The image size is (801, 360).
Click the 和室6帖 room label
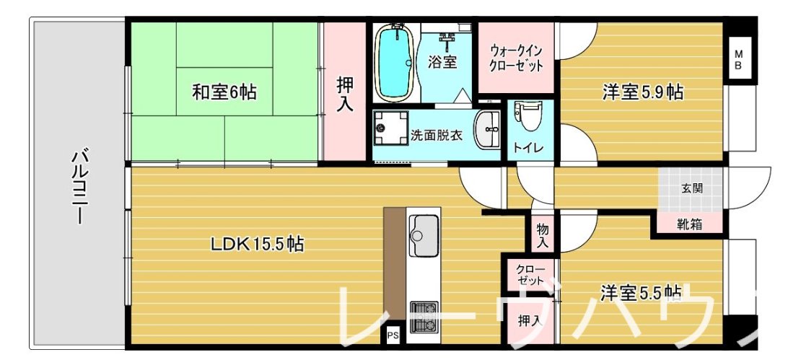[224, 92]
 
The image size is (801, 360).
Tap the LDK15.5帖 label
[257, 245]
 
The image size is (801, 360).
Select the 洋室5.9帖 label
[643, 93]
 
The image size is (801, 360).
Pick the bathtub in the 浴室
[395, 63]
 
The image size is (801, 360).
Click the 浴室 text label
[442, 62]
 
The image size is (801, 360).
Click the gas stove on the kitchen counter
[424, 317]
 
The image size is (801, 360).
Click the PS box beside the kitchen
[393, 335]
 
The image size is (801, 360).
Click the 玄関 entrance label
[691, 189]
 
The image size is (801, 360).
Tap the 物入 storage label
[543, 235]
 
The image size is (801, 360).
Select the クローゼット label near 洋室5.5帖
[530, 274]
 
